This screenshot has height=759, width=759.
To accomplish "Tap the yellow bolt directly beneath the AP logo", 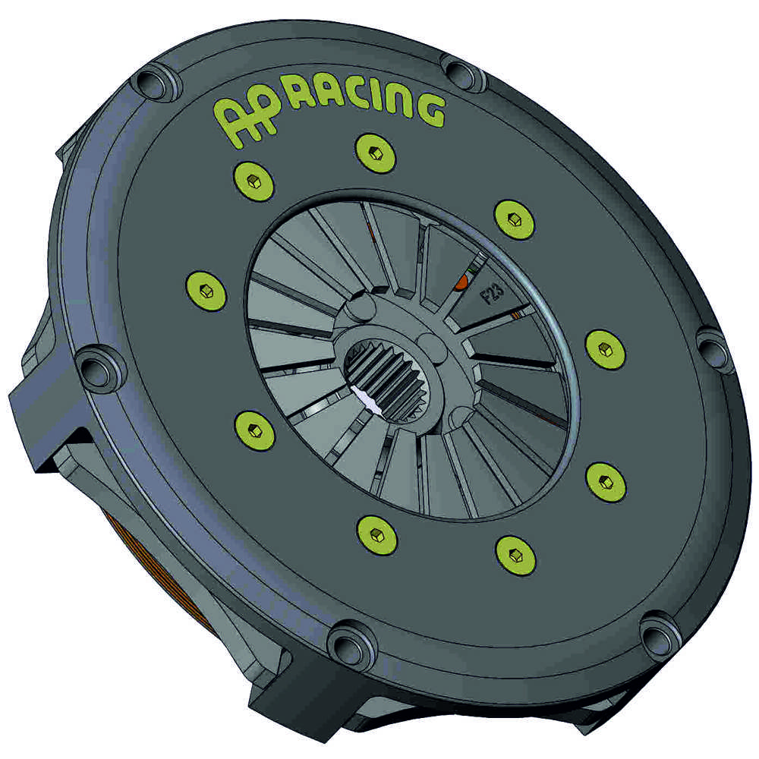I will (254, 181).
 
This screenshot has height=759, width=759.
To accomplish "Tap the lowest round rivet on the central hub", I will (458, 417).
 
